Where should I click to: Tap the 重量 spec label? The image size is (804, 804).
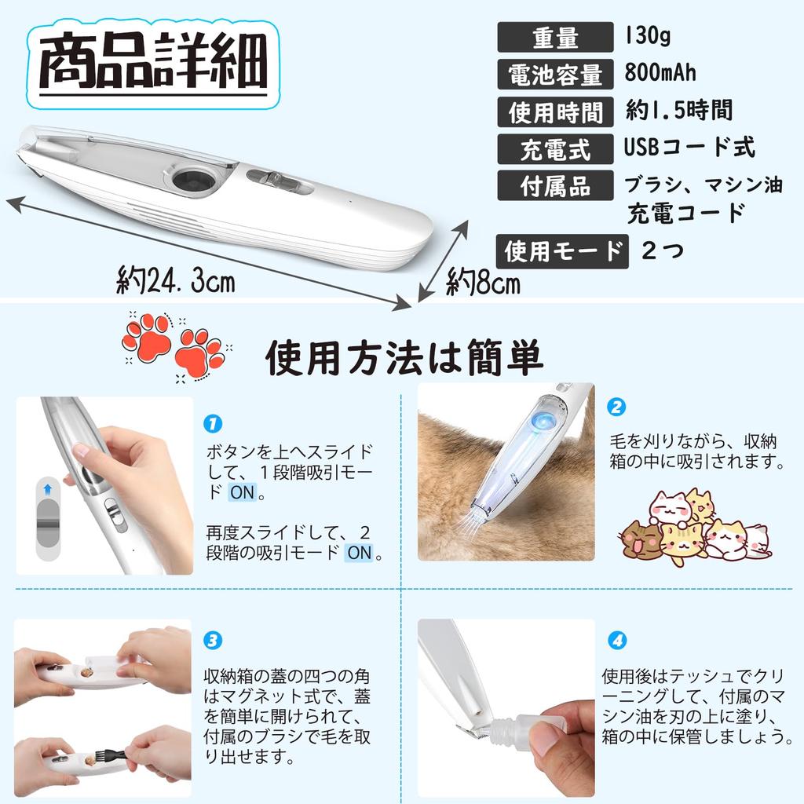[x=555, y=38]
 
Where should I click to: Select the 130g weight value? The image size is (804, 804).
[x=647, y=35]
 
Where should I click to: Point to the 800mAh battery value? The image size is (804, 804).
[x=660, y=72]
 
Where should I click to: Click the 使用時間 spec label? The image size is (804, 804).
[x=555, y=112]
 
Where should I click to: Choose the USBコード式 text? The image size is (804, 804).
[x=689, y=147]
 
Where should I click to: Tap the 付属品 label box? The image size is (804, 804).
[x=555, y=185]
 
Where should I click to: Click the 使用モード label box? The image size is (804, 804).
[x=562, y=252]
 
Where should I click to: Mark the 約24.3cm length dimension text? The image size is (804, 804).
[x=176, y=280]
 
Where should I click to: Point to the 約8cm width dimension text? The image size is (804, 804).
[x=483, y=282]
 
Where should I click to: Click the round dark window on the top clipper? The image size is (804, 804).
[x=194, y=180]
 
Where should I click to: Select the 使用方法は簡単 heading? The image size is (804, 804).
[x=404, y=357]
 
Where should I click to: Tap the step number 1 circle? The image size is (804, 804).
[x=213, y=423]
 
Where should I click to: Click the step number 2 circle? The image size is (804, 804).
[x=616, y=407]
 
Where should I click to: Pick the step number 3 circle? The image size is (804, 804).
[x=213, y=641]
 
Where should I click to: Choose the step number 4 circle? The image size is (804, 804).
[x=617, y=641]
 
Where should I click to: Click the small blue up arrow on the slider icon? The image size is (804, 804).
[x=48, y=489]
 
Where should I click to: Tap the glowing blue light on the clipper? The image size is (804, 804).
[x=543, y=422]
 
